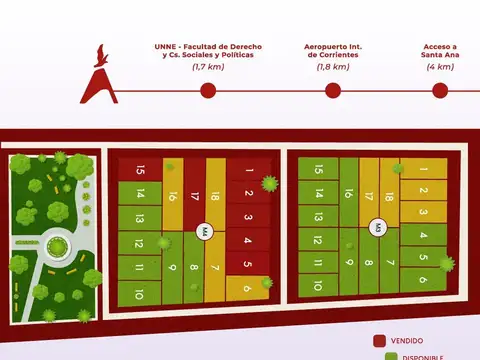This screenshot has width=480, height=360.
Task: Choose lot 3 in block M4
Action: pos(245,216)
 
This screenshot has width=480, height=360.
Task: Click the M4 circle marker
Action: pos(205,232)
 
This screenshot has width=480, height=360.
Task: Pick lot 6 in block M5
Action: pos(423,282)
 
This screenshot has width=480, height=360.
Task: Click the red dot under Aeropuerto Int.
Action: pos(332,90)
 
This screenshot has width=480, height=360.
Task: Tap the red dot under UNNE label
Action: pos(208,90)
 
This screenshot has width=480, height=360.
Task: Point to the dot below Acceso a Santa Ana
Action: pos(439,90)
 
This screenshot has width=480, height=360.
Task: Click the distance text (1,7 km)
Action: pos(207,67)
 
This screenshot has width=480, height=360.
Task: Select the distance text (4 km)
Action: pos(439,67)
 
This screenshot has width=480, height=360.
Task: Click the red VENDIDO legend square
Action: pos(379,340)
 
